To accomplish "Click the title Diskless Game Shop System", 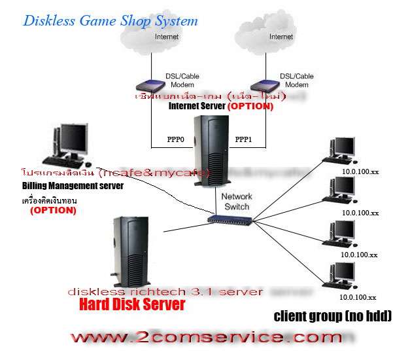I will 110,20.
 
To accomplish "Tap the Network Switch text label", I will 236,201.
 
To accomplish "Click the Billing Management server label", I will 72,186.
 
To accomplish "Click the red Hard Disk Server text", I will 132,304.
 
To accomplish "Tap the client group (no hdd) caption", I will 332,317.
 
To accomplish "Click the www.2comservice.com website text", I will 206,338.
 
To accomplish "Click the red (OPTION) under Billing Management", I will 54,211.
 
